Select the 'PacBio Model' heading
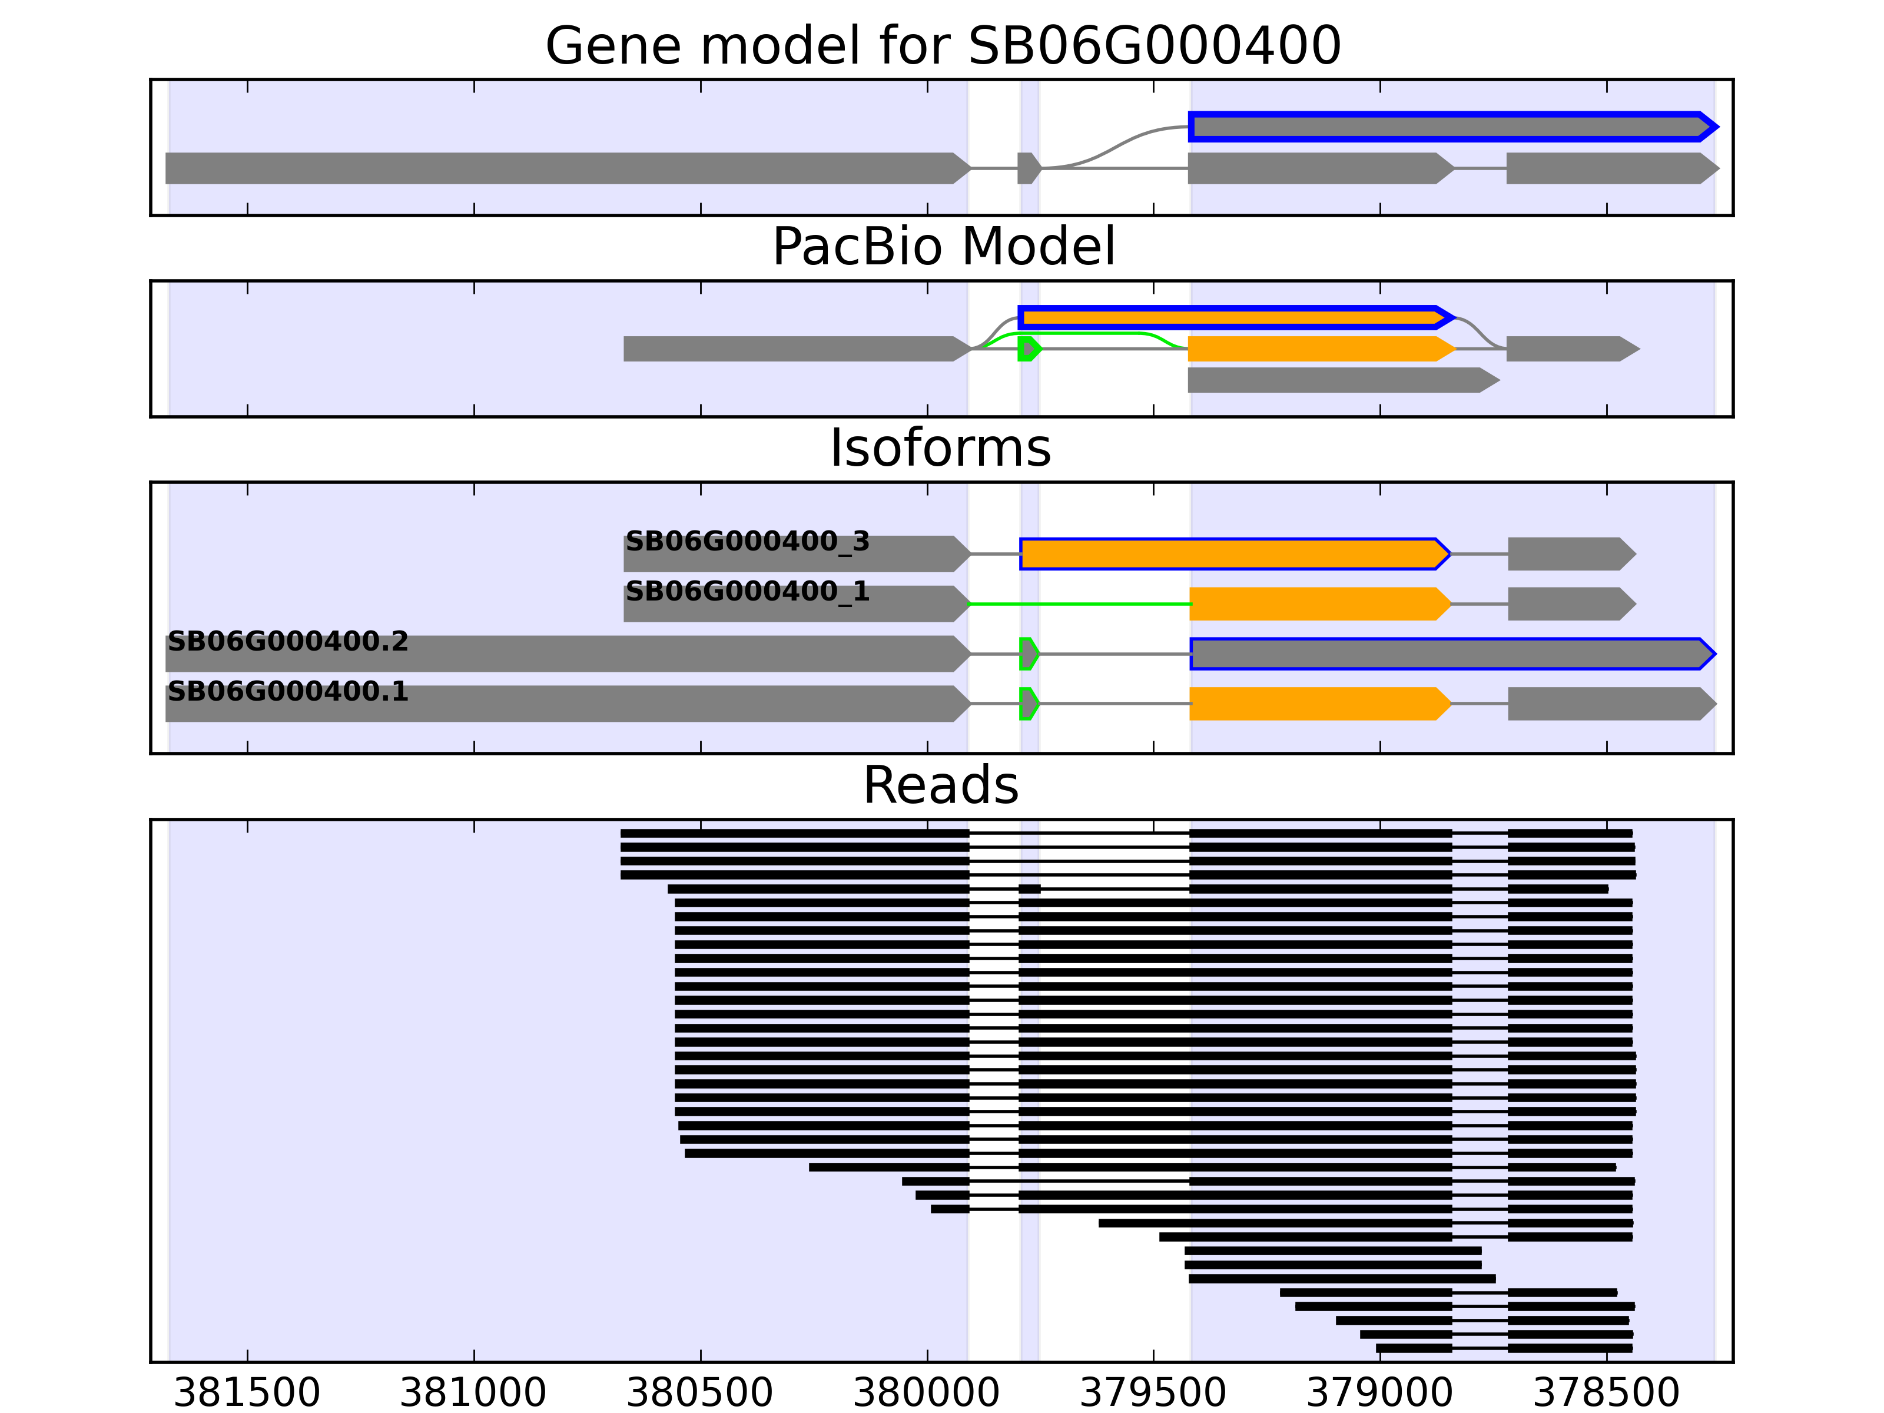pos(942,247)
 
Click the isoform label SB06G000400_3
pos(747,542)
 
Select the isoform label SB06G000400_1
pos(747,591)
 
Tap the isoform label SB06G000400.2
pos(288,641)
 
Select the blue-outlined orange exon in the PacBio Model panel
pos(1230,318)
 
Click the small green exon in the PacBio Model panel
pos(1028,349)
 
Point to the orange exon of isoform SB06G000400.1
pos(1318,704)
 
